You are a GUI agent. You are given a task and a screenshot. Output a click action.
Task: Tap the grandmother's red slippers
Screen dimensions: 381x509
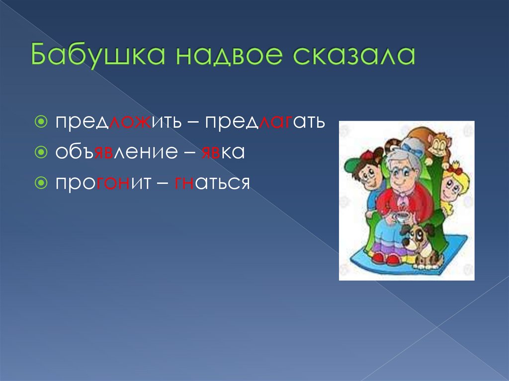click(x=385, y=258)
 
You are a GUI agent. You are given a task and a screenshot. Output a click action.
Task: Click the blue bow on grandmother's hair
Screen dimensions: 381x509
click(x=411, y=146)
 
